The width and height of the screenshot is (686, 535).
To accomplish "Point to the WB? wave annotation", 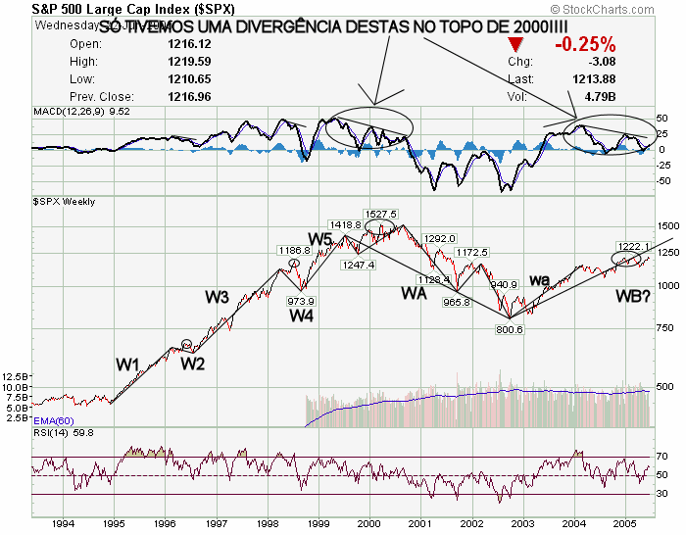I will [634, 296].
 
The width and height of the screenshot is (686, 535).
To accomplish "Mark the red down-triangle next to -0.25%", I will [516, 45].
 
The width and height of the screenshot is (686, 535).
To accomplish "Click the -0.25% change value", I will [584, 44].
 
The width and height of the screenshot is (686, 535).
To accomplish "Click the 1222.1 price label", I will [633, 246].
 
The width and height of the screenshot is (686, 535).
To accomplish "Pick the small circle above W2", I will [187, 344].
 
